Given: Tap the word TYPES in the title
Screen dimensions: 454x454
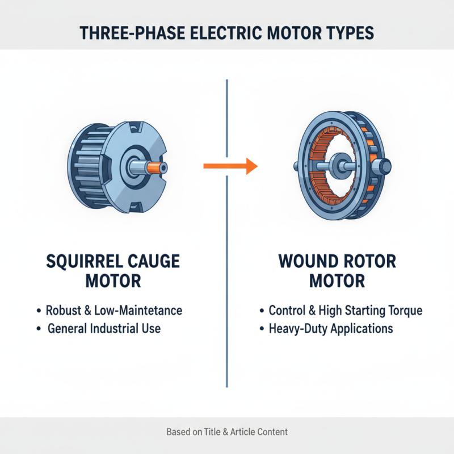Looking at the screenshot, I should [x=349, y=32].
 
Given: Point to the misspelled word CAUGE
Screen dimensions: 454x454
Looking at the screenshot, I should [x=155, y=262].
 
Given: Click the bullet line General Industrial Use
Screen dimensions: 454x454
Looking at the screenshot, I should [x=104, y=328].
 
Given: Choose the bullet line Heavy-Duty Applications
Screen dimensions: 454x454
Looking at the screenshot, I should [x=331, y=328].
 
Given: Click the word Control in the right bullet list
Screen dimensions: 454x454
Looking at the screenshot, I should [x=288, y=310].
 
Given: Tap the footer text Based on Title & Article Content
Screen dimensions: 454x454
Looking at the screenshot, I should [x=227, y=432].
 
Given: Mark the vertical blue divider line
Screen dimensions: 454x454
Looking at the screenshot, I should [x=227, y=284].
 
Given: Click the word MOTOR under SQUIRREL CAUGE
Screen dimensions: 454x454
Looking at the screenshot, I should [x=113, y=281].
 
